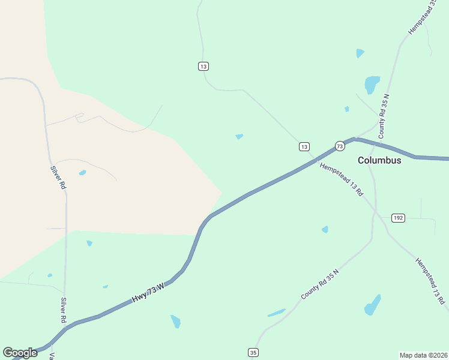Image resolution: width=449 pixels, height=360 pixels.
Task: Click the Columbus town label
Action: [379, 160]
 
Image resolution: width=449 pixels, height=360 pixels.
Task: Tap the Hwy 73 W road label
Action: [148, 292]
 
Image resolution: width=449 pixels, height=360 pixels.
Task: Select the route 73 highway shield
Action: [340, 146]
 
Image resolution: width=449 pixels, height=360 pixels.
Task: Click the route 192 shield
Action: [397, 217]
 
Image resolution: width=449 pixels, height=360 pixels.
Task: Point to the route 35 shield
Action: [254, 352]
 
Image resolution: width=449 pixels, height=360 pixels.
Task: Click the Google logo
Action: [20, 353]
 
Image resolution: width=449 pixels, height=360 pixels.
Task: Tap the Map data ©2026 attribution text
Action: [424, 355]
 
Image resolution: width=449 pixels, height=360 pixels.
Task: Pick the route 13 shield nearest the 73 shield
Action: [304, 146]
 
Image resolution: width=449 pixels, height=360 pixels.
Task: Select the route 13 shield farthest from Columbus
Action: [203, 66]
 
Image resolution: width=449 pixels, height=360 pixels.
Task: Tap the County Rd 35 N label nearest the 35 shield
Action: [320, 284]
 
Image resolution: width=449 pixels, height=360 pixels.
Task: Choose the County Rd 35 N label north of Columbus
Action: [384, 113]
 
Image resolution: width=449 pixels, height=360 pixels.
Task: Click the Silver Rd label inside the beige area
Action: [58, 178]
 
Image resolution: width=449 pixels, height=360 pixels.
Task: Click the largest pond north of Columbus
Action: [372, 84]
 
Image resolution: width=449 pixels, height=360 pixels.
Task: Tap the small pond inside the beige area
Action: [82, 173]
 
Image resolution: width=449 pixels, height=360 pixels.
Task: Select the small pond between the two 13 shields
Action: [240, 136]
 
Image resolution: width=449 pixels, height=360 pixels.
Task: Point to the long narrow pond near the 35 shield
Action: [277, 313]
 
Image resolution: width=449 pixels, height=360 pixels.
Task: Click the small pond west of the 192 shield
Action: [325, 229]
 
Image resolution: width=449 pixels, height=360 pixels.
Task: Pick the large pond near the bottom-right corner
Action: [373, 306]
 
